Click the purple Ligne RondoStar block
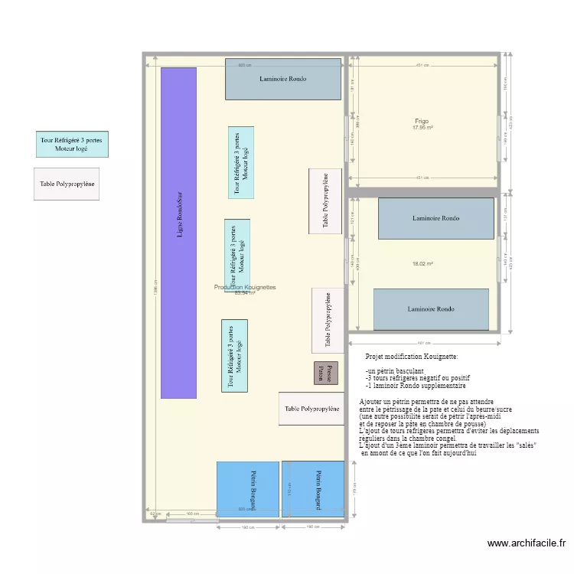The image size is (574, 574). pos(178,233)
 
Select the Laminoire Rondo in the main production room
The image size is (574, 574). pos(282,79)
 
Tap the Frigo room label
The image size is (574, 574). pos(422,121)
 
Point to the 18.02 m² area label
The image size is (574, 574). pos(423,264)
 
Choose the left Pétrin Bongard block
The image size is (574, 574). pos(247,489)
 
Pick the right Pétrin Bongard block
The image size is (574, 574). pos(313,489)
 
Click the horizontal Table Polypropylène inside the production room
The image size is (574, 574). pos(311,409)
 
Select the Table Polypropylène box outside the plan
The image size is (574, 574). pos(67,184)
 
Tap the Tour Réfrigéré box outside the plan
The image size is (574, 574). pos(72,143)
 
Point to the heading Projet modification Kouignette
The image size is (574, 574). pos(412,357)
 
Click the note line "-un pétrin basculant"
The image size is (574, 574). pos(395,370)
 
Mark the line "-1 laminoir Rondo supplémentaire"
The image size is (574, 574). pos(416,386)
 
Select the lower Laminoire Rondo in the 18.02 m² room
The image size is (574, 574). pos(431,309)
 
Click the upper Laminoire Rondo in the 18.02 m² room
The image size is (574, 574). pos(435,218)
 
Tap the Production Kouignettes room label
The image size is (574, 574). pos(245,287)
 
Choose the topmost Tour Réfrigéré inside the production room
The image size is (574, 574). pos(241,162)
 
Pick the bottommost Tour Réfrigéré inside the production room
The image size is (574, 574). pos(235,356)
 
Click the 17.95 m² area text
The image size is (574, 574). pos(423,128)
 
